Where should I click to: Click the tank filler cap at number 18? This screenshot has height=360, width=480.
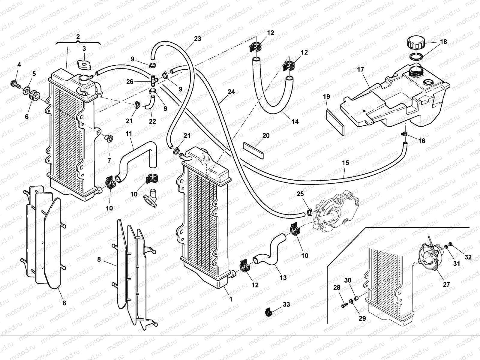click(x=415, y=43)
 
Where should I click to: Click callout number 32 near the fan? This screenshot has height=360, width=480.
click(x=468, y=257)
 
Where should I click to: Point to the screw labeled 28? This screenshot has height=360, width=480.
click(x=344, y=306)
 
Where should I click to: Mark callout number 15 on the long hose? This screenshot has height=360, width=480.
click(x=345, y=163)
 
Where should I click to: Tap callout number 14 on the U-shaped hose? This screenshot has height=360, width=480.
click(x=295, y=121)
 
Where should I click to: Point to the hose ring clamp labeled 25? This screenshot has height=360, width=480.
click(x=309, y=213)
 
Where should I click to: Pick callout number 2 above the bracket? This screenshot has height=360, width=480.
click(x=78, y=37)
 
